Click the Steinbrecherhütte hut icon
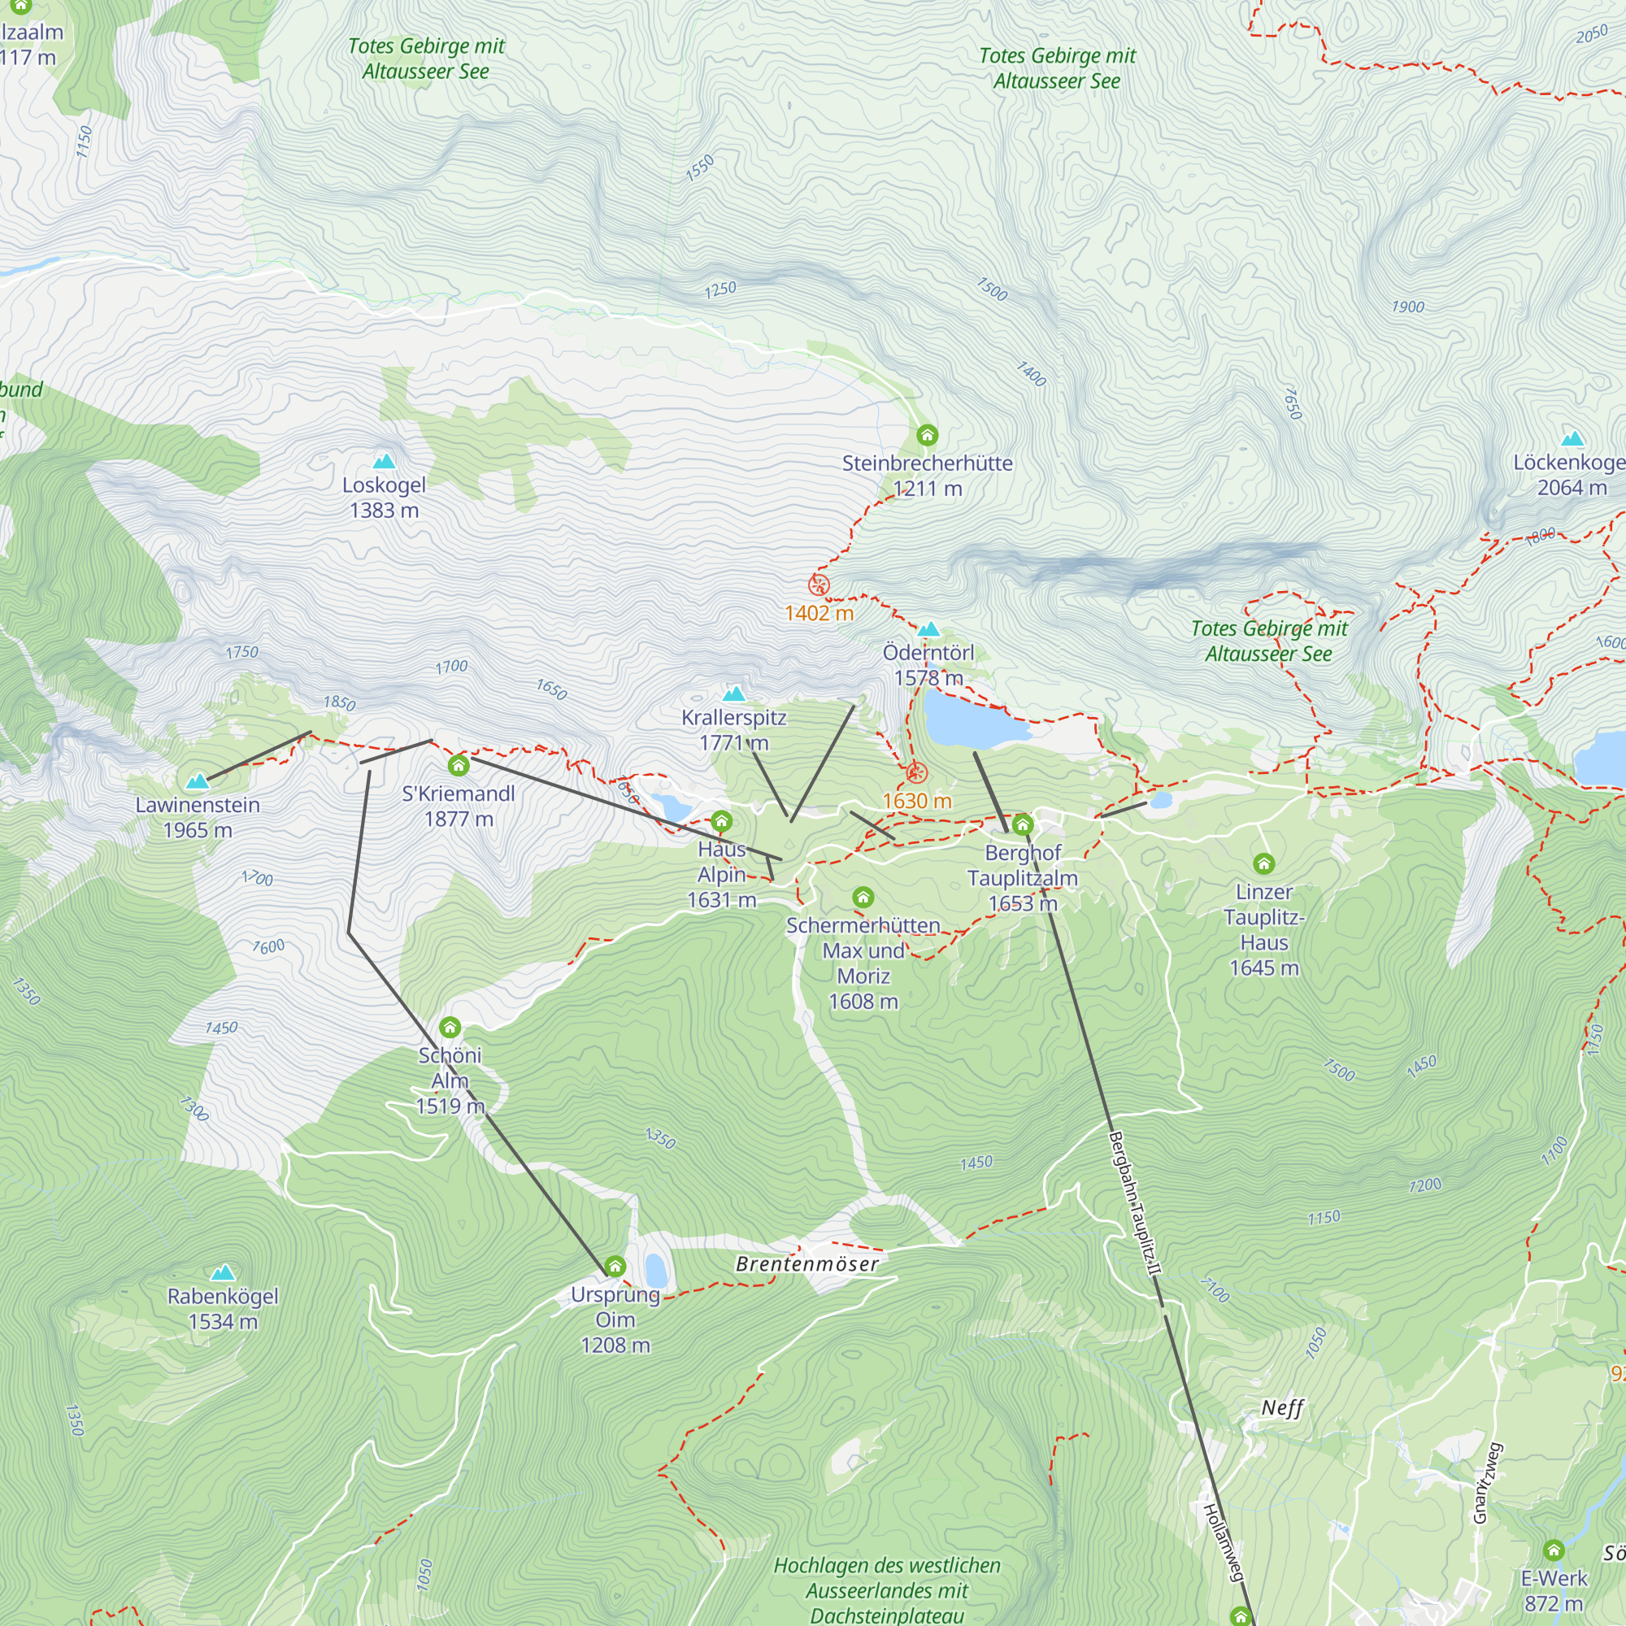click(x=927, y=435)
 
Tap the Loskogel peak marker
click(x=384, y=461)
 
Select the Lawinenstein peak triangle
click(x=197, y=782)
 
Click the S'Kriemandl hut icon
click(x=458, y=765)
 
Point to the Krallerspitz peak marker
click(x=734, y=693)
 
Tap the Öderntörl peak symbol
click(x=928, y=628)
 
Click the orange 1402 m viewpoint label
click(x=819, y=613)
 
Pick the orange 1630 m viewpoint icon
click(x=916, y=772)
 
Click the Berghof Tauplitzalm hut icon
click(x=1023, y=824)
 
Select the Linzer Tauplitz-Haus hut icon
click(x=1263, y=863)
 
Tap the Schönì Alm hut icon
click(x=450, y=1027)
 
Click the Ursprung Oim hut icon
click(x=615, y=1267)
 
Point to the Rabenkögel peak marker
click(x=222, y=1272)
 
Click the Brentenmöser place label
click(x=807, y=1264)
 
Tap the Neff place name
click(x=1282, y=1408)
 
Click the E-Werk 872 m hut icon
click(x=1554, y=1550)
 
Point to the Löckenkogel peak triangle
click(x=1572, y=438)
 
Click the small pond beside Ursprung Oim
click(x=655, y=1271)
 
